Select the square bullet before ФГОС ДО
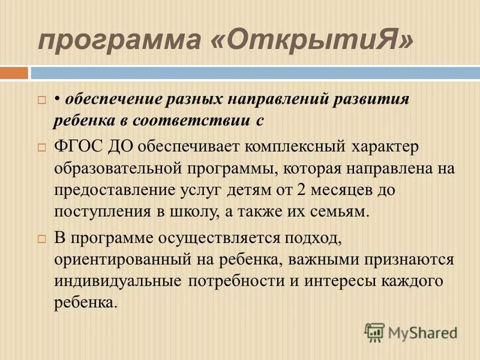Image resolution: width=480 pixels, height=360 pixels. tap(41, 146)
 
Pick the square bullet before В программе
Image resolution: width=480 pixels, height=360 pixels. tap(41, 238)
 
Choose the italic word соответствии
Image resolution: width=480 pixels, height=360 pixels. tap(197, 120)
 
